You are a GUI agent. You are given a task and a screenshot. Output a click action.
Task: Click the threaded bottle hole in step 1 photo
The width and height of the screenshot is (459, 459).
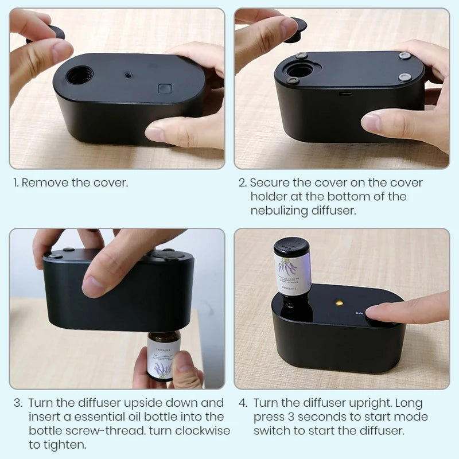pyautogui.click(x=79, y=75)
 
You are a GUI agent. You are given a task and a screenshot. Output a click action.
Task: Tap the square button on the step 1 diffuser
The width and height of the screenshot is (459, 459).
pyautogui.click(x=165, y=89)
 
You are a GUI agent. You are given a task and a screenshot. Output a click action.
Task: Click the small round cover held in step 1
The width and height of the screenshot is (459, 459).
pyautogui.click(x=48, y=33)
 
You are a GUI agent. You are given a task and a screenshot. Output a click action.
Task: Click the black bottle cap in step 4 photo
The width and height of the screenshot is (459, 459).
pyautogui.click(x=291, y=247)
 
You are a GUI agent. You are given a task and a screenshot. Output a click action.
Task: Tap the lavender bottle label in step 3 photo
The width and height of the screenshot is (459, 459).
pyautogui.click(x=162, y=357)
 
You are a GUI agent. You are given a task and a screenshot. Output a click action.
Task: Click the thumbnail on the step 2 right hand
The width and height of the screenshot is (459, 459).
pyautogui.click(x=371, y=122)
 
